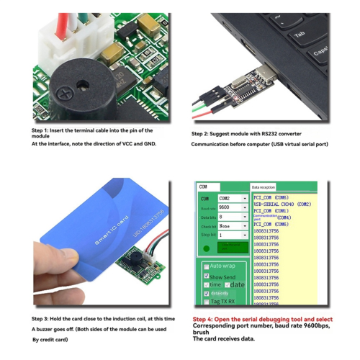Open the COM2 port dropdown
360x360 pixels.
pyautogui.click(x=233, y=198)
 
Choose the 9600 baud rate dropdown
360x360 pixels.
pyautogui.click(x=233, y=207)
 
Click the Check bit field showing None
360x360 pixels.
pyautogui.click(x=233, y=225)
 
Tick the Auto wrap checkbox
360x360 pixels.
pyautogui.click(x=204, y=266)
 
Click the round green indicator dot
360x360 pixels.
pyautogui.click(x=206, y=248)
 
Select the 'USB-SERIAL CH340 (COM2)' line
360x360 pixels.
pyautogui.click(x=282, y=204)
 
